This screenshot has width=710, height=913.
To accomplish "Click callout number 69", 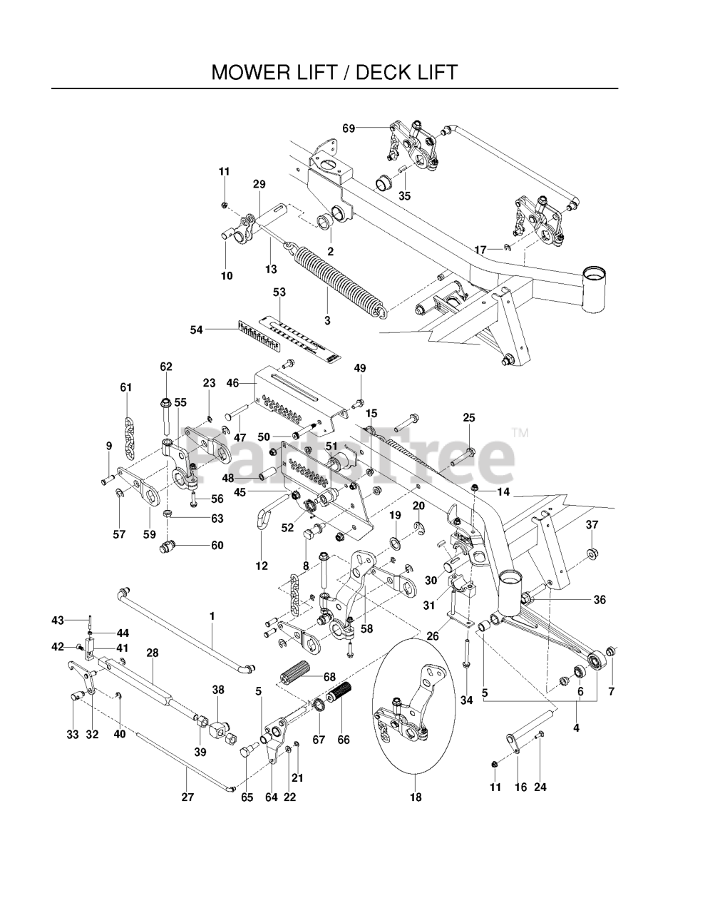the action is (349, 128).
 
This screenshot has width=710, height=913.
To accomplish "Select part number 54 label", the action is (196, 330).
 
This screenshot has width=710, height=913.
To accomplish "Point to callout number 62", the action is (166, 367).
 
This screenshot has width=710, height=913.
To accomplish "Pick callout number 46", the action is (232, 383).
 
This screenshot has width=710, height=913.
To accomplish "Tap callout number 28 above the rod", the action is (152, 653).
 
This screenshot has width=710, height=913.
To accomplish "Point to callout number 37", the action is (592, 524).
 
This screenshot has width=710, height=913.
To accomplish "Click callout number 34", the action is (466, 700).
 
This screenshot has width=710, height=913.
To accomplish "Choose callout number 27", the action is (187, 797).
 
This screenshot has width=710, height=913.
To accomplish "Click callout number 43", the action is (58, 620).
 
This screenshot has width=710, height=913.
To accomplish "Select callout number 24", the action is (540, 787).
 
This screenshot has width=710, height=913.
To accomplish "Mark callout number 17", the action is (480, 250).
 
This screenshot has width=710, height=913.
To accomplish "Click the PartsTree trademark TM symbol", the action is (520, 432).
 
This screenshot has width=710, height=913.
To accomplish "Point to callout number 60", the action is (217, 546).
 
